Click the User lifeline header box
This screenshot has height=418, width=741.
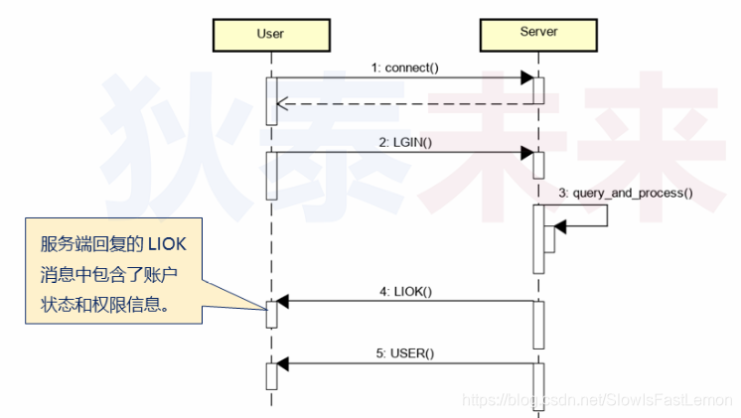270,34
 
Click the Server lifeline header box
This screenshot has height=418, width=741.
538,33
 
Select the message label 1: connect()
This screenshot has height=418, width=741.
405,68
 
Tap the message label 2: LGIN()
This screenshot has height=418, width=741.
405,142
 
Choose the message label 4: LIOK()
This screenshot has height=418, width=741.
405,291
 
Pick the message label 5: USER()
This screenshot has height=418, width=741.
405,352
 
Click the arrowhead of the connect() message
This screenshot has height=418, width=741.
526,78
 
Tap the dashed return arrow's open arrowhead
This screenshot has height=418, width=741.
283,102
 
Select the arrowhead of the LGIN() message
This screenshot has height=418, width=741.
526,153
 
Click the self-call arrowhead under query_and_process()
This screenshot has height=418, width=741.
559,228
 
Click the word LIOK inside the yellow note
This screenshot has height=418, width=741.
175,244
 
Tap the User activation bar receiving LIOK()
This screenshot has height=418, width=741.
270,313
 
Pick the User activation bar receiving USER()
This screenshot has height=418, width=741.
270,375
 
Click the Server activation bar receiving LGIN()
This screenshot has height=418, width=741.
538,165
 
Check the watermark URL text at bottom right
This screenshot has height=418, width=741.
597,400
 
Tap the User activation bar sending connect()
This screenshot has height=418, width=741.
270,100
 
